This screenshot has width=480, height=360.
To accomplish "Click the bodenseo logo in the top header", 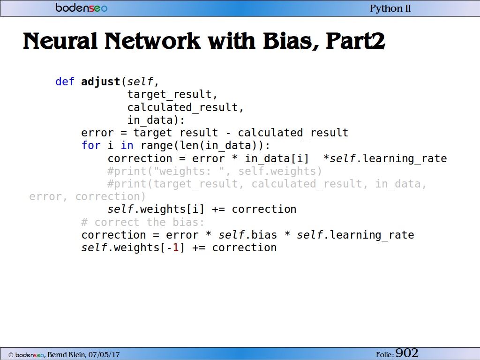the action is (82, 7).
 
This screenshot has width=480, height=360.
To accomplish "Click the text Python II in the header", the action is (390, 8).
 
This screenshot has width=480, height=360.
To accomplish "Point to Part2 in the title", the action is (355, 41).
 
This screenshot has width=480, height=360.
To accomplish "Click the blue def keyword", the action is (65, 82).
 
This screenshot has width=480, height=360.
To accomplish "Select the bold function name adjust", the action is (101, 82).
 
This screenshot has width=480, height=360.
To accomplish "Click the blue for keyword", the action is (91, 145).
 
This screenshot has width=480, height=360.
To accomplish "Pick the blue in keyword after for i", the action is (127, 145).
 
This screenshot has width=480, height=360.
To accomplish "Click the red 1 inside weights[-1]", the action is (176, 247).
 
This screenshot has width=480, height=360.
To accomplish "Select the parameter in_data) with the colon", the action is (156, 120).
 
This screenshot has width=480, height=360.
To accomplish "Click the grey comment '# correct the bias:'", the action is (142, 222).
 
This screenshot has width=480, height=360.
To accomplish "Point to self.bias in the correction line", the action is (247, 235).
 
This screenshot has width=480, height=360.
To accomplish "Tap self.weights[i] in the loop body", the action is (156, 210).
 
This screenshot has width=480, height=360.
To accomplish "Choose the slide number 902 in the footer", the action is (407, 353).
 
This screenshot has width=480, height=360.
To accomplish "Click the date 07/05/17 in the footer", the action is (104, 355).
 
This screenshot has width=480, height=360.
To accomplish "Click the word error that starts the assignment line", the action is (97, 133).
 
